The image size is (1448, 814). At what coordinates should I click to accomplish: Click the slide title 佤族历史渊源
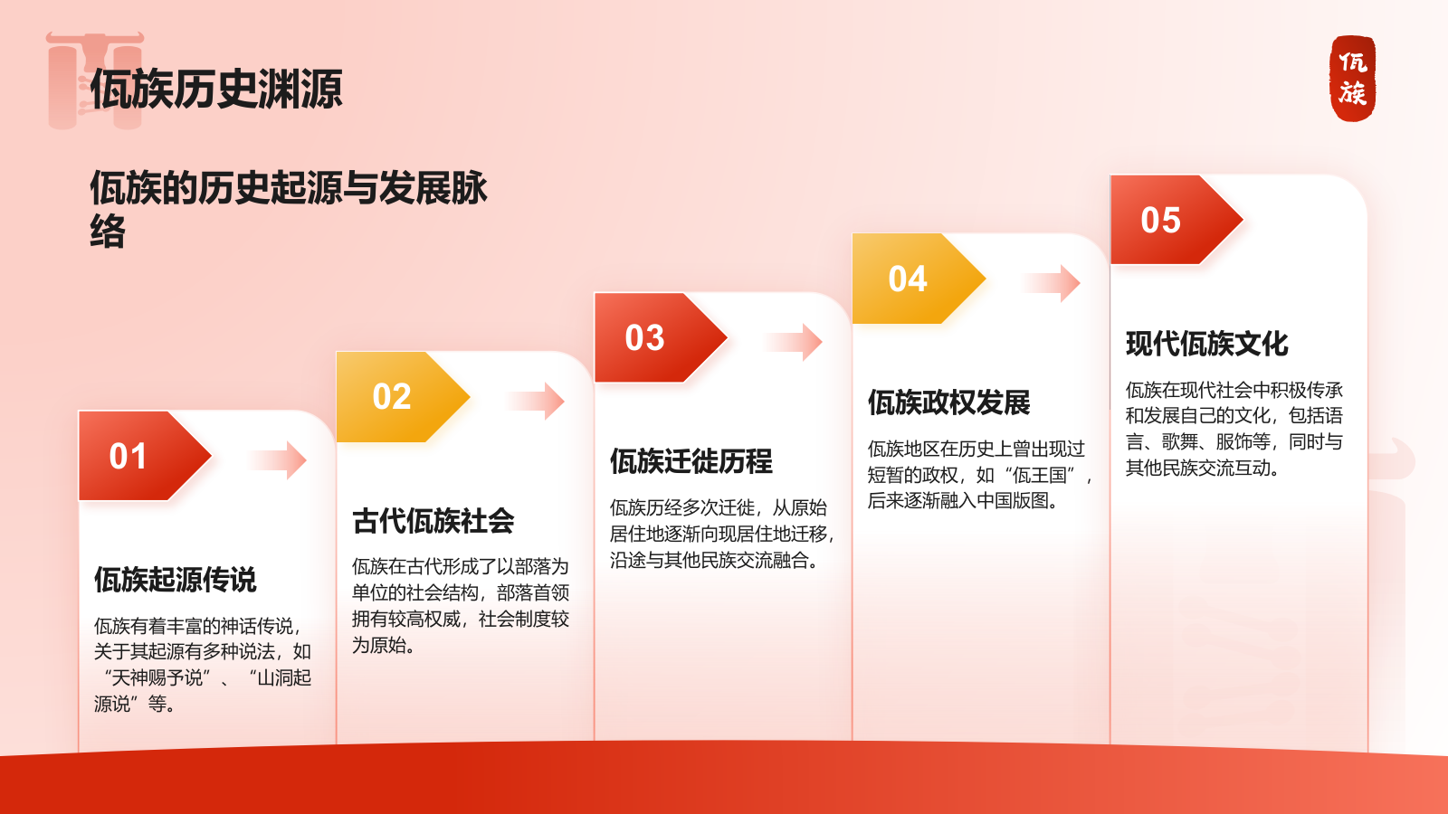pos(216,89)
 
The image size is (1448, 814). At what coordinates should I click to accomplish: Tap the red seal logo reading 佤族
pos(1353,78)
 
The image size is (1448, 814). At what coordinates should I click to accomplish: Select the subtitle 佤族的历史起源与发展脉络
pos(289,209)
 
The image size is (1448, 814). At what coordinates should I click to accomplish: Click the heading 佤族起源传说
pos(176,580)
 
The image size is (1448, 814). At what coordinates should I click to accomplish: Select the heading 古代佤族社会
pos(433,521)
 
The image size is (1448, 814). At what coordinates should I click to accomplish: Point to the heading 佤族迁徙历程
pos(691,461)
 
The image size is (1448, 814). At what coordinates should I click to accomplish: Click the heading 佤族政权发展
pos(949,402)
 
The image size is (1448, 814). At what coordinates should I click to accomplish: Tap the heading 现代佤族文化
pos(1207,344)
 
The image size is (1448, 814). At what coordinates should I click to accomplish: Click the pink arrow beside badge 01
pos(278,460)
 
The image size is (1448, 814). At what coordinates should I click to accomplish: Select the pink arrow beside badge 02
pos(536,402)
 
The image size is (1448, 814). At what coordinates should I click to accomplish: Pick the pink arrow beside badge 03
pos(794,342)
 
